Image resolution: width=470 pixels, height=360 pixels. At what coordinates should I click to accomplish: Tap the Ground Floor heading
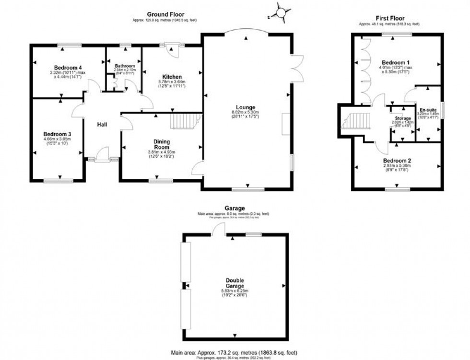(x=165, y=15)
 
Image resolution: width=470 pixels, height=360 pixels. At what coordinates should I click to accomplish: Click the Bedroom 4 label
(x=65, y=68)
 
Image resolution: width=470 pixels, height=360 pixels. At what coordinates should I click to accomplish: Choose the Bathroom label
(x=124, y=66)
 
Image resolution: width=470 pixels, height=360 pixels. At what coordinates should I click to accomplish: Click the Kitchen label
(x=171, y=77)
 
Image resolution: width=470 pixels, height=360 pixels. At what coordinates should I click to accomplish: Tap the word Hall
(x=102, y=125)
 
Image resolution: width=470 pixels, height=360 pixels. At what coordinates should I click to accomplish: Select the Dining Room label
(x=162, y=144)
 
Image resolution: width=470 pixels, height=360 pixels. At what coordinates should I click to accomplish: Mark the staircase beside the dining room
(x=185, y=121)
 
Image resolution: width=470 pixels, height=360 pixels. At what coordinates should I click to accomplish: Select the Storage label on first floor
(x=403, y=118)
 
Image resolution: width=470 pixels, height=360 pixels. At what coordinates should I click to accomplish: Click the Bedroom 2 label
(x=397, y=161)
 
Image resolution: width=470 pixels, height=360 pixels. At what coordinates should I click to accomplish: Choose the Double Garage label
(x=235, y=283)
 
